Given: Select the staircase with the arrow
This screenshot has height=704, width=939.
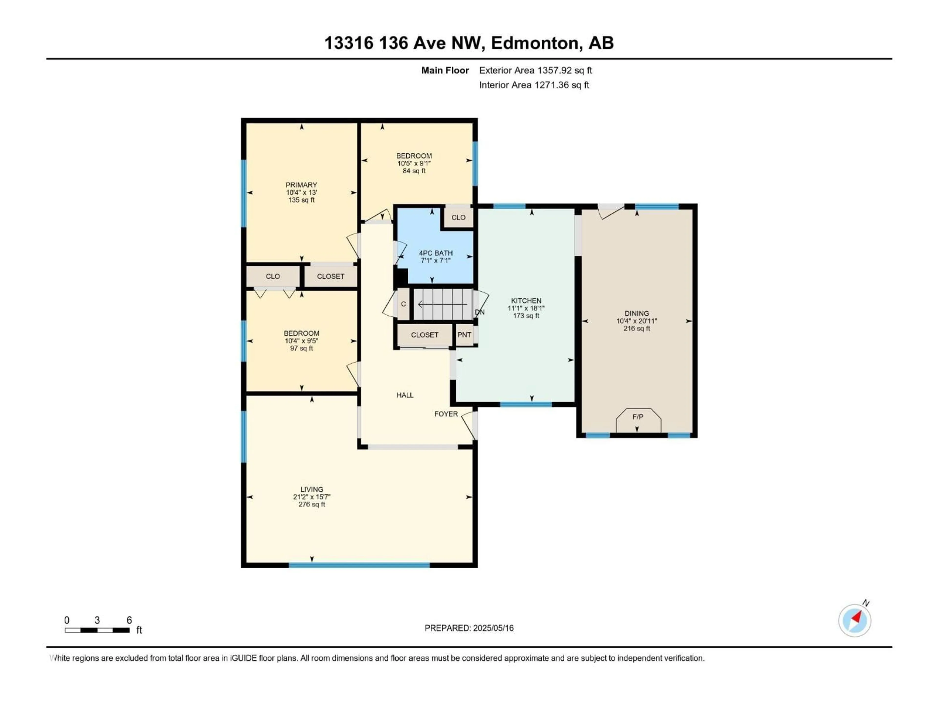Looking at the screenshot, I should [x=443, y=304].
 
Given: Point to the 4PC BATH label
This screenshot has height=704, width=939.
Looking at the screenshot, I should [x=436, y=253].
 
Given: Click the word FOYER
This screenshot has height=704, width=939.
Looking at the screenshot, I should [x=446, y=414].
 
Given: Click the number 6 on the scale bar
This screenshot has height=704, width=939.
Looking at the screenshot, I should [x=129, y=620].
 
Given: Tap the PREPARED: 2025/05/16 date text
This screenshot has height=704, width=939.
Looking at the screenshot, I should [x=469, y=628].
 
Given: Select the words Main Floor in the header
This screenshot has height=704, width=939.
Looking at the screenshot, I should [x=445, y=70].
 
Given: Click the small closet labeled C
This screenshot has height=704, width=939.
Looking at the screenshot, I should [x=403, y=304].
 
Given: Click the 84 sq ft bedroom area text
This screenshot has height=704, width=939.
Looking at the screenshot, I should [x=414, y=171].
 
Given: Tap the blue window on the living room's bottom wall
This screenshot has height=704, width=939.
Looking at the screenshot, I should [x=359, y=565].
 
